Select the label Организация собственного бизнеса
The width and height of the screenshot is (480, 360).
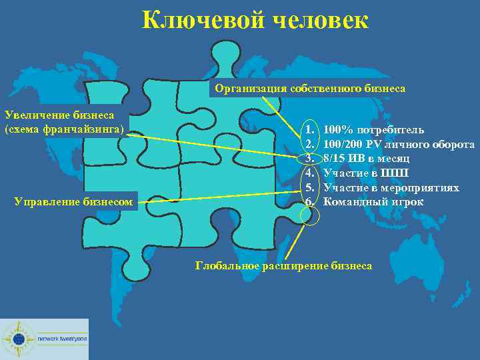(309, 88)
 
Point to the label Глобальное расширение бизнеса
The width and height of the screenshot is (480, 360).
(283, 265)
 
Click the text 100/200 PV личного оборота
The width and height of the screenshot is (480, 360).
(399, 143)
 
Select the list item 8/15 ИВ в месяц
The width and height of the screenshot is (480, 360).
(366, 158)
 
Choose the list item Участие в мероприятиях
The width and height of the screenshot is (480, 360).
(391, 187)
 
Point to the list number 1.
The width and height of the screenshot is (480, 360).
(309, 129)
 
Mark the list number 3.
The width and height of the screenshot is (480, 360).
(309, 158)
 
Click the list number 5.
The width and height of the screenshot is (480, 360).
(309, 187)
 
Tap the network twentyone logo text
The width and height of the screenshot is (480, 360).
(62, 338)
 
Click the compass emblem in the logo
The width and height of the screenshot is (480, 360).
(18, 339)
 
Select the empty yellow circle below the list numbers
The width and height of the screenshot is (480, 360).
(311, 215)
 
